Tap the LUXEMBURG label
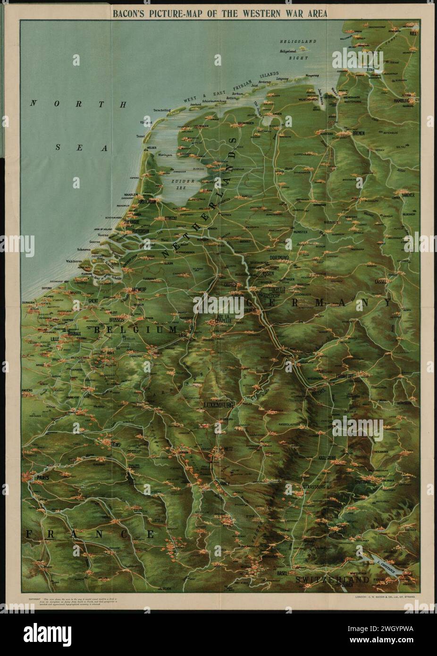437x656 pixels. [x=218, y=405]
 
